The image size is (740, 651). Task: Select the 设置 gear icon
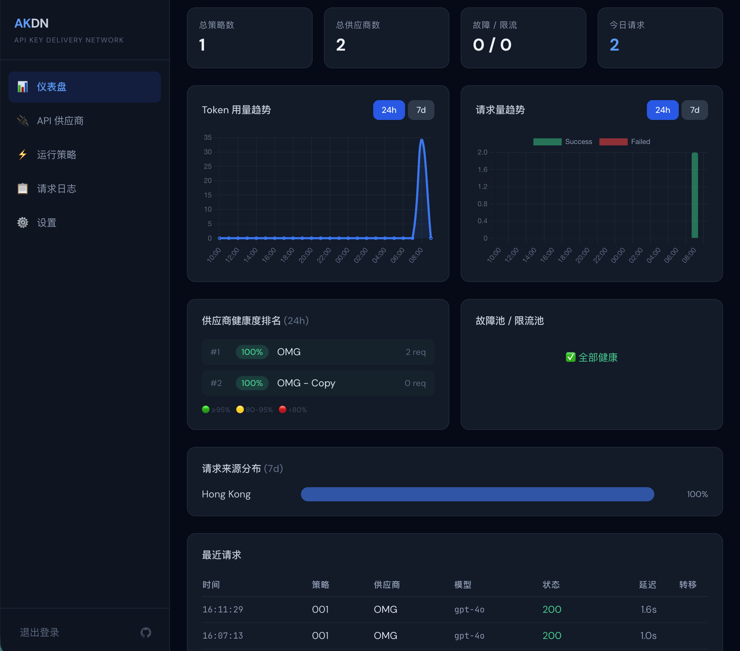pos(23,223)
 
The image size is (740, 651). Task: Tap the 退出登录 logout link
pos(39,632)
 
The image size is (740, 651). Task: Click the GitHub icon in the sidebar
pos(146,632)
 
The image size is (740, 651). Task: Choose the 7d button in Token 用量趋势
pos(421,110)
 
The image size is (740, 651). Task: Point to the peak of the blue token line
pos(421,140)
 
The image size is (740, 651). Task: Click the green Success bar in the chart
pos(694,195)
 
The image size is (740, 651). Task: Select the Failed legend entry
pos(625,142)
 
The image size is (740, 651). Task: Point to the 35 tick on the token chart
pos(207,137)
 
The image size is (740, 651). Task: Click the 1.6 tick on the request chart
pos(482,169)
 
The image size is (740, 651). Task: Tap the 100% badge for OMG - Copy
pos(252,383)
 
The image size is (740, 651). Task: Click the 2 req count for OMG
pos(416,352)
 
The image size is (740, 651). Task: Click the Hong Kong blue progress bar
pos(477,494)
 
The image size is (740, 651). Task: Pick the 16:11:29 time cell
pos(223,609)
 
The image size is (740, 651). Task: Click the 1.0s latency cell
pos(648,635)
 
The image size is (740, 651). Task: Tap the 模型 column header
pos(463,584)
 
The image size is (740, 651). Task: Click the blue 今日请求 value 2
pos(614,45)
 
